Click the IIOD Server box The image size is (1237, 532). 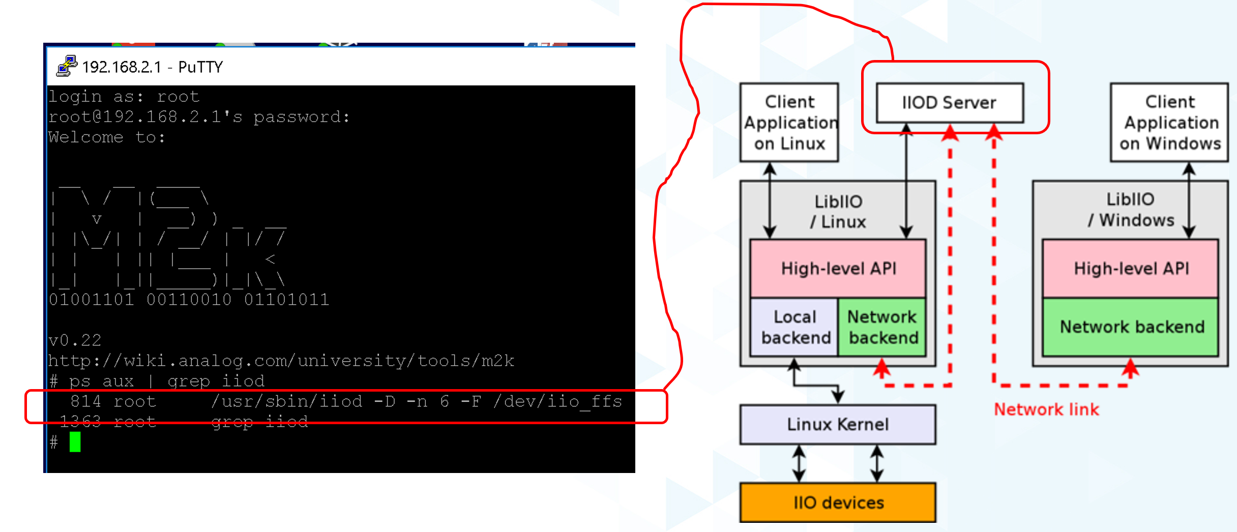click(x=949, y=103)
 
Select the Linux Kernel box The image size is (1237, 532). click(x=838, y=424)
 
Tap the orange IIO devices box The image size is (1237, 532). click(x=838, y=503)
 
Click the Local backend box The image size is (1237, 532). click(x=794, y=327)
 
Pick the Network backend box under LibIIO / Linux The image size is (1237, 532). click(x=882, y=327)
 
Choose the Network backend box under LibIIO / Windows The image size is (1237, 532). click(x=1131, y=327)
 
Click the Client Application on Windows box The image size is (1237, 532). click(x=1169, y=123)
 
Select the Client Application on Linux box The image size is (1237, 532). click(x=789, y=123)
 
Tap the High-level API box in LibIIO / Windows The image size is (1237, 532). click(x=1131, y=268)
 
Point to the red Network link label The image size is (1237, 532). click(x=1046, y=409)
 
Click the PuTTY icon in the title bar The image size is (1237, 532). click(x=66, y=66)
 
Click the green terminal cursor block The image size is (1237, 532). click(x=75, y=442)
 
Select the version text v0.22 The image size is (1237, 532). click(x=75, y=340)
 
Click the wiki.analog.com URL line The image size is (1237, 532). click(x=281, y=361)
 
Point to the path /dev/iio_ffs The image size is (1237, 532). click(x=557, y=402)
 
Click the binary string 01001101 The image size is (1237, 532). click(x=92, y=300)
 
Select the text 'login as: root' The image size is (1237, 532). click(x=124, y=97)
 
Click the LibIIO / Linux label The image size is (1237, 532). click(x=838, y=212)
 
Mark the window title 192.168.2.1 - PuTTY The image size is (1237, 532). click(x=153, y=67)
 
